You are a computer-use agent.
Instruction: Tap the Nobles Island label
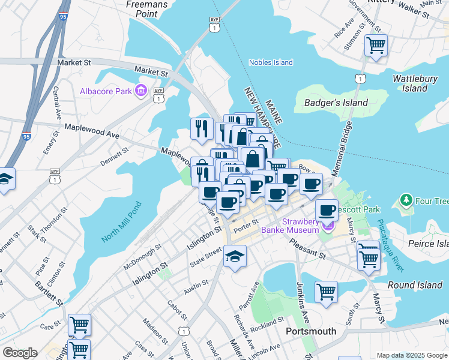271,62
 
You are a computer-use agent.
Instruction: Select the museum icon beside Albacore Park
141,91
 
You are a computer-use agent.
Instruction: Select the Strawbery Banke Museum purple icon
328,226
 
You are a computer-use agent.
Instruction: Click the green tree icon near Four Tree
407,199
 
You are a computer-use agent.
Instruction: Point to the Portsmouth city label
311,331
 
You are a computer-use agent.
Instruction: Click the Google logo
19,353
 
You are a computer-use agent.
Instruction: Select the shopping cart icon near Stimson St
376,45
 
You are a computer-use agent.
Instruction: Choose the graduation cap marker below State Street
235,256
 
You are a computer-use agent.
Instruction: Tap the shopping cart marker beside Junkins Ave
326,292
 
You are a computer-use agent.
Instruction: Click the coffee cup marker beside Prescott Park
327,209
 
